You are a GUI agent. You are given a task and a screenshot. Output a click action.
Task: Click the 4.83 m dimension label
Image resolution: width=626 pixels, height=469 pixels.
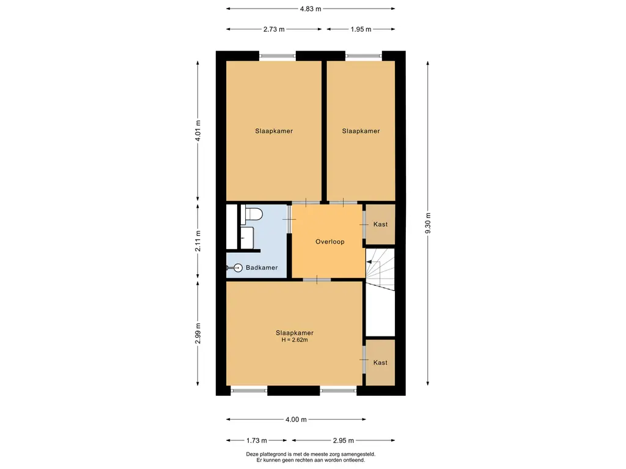click(311, 9)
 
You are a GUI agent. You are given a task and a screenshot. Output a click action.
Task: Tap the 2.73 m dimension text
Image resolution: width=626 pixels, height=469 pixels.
click(274, 29)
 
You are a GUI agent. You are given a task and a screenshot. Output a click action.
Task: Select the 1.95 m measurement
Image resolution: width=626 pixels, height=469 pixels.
click(361, 29)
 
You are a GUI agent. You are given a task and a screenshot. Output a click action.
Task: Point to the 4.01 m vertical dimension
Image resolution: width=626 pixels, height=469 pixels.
click(198, 131)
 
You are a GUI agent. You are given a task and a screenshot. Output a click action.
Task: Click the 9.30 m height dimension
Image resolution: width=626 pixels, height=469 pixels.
click(428, 224)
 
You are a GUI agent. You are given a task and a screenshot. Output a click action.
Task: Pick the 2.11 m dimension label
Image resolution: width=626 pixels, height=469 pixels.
click(198, 241)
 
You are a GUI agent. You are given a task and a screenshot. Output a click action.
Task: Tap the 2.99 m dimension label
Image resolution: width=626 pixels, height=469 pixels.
click(198, 333)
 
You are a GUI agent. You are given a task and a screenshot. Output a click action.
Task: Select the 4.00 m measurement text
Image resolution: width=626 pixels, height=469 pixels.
click(296, 420)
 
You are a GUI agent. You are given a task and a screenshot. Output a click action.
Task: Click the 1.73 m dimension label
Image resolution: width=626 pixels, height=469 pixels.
click(256, 441)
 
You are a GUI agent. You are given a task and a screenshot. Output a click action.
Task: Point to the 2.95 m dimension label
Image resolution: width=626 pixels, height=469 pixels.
click(344, 441)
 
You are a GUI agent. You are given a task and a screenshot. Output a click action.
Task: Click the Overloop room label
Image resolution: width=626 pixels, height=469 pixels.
click(330, 242)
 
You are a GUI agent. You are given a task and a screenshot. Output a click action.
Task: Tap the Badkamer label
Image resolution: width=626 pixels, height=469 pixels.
click(262, 267)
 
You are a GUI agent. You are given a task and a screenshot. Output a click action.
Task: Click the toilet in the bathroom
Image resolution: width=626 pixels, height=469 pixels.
click(251, 215)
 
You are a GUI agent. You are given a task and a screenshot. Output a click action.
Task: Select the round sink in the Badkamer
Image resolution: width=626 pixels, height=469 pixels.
click(238, 268)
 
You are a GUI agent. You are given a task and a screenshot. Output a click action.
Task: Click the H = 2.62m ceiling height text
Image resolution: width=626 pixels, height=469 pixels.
click(295, 340)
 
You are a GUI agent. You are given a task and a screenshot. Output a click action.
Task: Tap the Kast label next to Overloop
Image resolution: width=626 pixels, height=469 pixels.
click(380, 224)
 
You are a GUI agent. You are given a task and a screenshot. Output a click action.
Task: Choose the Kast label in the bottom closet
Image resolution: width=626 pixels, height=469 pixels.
click(380, 363)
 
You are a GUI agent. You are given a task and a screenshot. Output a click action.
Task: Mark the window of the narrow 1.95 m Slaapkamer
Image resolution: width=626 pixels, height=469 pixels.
click(364, 56)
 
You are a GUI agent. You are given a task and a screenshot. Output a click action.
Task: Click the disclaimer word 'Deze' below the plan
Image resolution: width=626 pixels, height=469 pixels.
click(252, 454)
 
